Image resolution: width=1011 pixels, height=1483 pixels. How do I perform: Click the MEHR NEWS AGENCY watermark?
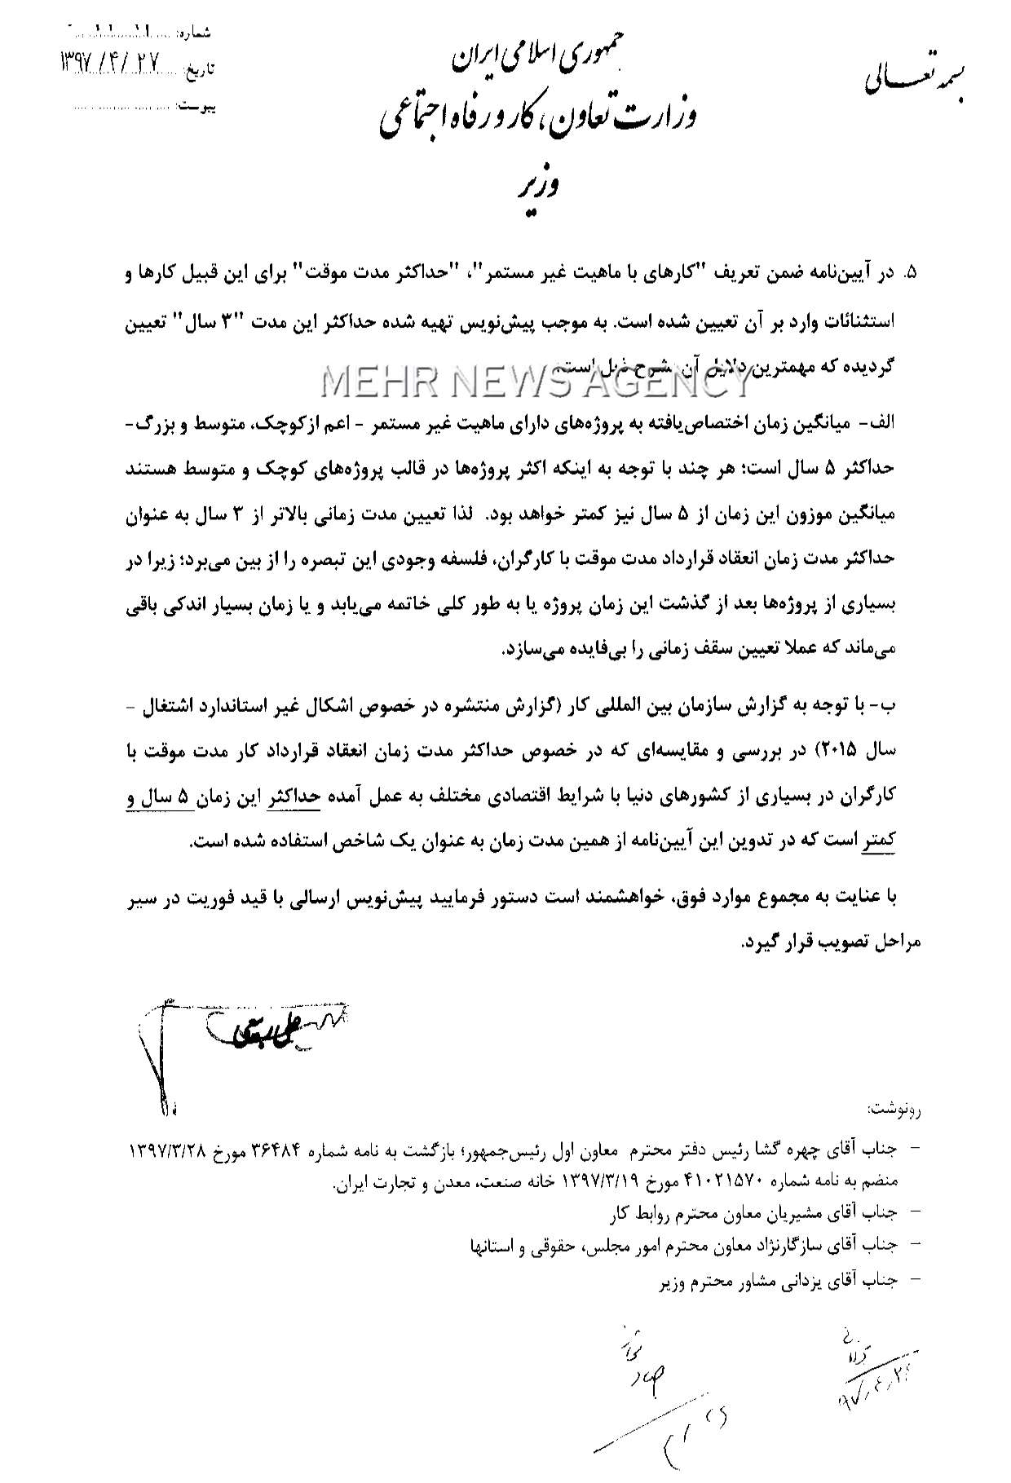pyautogui.click(x=525, y=380)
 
